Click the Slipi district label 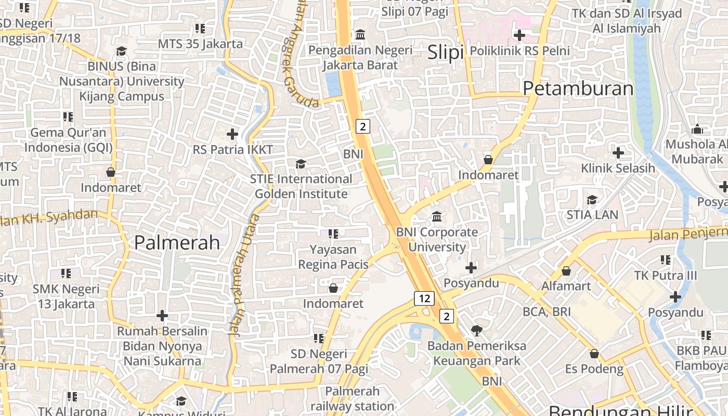(x=445, y=53)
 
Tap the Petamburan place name (x=578, y=88)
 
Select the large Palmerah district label (x=177, y=242)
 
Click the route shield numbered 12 (x=424, y=298)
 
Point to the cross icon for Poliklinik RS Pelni (x=519, y=35)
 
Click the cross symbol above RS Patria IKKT (x=232, y=134)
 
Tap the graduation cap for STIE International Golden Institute (x=301, y=164)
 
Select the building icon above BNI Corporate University (x=437, y=216)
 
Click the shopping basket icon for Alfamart (x=566, y=271)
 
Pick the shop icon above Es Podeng (x=594, y=354)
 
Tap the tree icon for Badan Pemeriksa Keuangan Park (x=476, y=330)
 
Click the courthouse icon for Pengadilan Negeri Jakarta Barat (x=360, y=35)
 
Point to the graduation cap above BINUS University (x=121, y=51)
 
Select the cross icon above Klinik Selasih (x=618, y=153)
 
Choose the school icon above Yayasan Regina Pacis (x=333, y=234)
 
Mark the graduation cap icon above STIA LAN (x=592, y=200)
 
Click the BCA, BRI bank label (x=547, y=311)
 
